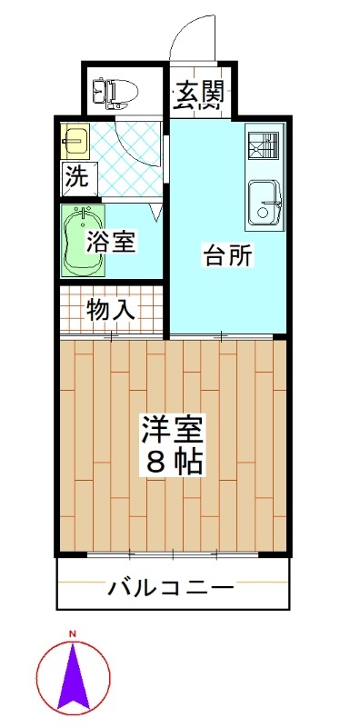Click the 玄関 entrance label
(x=199, y=95)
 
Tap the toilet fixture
(x=115, y=93)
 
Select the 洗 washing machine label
(x=77, y=176)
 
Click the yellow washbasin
(x=75, y=141)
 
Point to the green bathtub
(x=83, y=241)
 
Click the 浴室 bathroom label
(x=111, y=241)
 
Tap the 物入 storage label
(x=110, y=310)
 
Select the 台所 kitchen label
(x=228, y=255)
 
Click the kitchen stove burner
(x=264, y=145)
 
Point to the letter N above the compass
(x=73, y=633)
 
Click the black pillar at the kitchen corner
(x=279, y=337)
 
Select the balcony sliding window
(x=173, y=553)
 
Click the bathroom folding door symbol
(x=156, y=212)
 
